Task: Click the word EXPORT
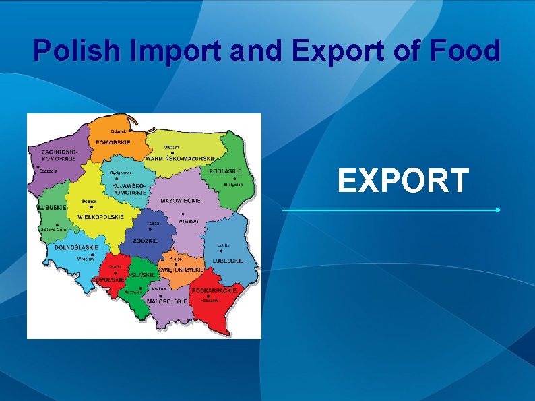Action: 403,181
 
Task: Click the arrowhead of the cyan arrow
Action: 498,210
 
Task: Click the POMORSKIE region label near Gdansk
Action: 113,142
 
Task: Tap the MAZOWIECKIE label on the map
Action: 181,200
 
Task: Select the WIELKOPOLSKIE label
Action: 101,217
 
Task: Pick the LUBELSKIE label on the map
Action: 228,260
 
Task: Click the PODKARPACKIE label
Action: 214,290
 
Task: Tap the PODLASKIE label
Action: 225,171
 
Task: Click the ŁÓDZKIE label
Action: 146,241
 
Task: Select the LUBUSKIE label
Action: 52,207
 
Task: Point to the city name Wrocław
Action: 86,258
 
